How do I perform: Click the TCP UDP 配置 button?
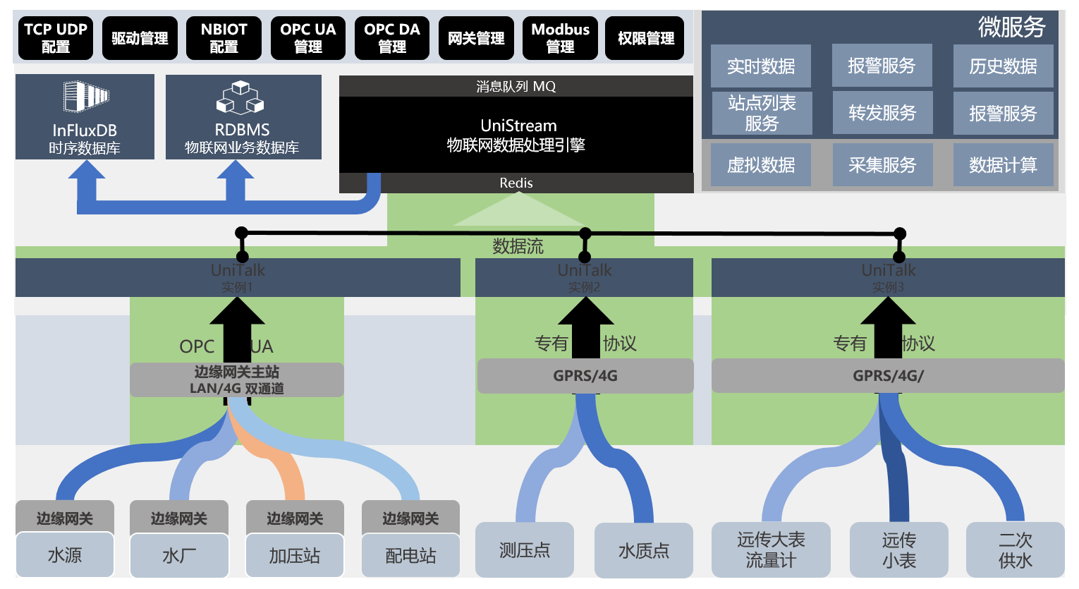[x=56, y=38]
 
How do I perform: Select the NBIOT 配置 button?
[x=224, y=38]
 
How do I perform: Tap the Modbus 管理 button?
[x=560, y=38]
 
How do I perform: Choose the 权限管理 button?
[x=645, y=38]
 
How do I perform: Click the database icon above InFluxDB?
[x=85, y=97]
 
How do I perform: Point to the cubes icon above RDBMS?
[x=240, y=97]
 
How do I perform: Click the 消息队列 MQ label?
[x=516, y=86]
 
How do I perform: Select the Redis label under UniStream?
[x=516, y=183]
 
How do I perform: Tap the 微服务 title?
[x=1011, y=27]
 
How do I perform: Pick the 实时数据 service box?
[x=761, y=66]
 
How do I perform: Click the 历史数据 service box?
[x=1003, y=66]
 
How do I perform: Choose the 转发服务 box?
[x=882, y=113]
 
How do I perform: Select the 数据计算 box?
[x=1003, y=165]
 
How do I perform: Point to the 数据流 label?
[x=518, y=246]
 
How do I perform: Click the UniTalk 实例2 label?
[x=585, y=277]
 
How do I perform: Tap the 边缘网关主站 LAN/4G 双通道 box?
[x=237, y=379]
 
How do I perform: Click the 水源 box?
[x=65, y=555]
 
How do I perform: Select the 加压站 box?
[x=295, y=555]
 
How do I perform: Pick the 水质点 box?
[x=643, y=550]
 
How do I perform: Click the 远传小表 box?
[x=898, y=550]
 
